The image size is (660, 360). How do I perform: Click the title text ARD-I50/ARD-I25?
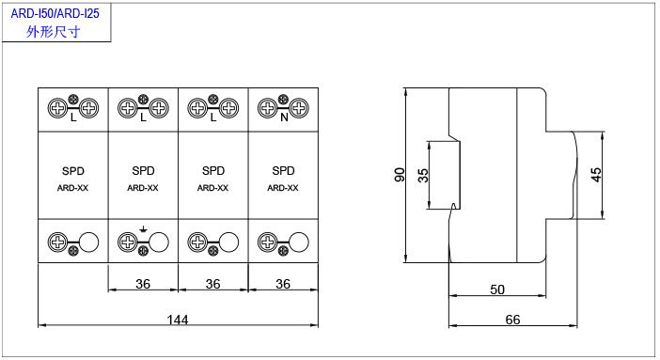click(55, 13)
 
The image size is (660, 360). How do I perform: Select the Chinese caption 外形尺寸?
click(53, 32)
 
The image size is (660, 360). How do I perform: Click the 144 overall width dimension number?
click(178, 320)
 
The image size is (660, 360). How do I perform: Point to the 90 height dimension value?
click(400, 175)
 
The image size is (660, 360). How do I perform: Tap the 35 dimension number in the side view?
click(423, 175)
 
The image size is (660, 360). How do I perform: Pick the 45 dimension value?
click(596, 175)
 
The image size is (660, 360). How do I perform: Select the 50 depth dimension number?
click(497, 290)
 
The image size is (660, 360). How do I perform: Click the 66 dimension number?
click(512, 320)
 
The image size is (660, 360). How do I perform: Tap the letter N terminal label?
click(284, 117)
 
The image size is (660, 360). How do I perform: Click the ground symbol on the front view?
click(144, 229)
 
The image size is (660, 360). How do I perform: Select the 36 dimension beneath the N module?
click(283, 284)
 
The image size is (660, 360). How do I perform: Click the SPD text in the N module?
click(283, 170)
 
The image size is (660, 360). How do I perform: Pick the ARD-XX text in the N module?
click(283, 188)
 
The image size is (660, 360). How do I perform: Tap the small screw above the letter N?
click(283, 100)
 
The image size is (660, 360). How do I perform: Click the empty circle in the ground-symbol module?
click(159, 243)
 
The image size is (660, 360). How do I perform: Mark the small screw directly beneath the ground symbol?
click(143, 251)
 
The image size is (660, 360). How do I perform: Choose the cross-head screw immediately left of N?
click(268, 108)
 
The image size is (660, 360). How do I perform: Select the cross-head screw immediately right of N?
click(299, 108)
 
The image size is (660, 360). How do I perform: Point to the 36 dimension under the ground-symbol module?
click(143, 284)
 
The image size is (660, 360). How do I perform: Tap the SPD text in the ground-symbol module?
click(143, 170)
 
